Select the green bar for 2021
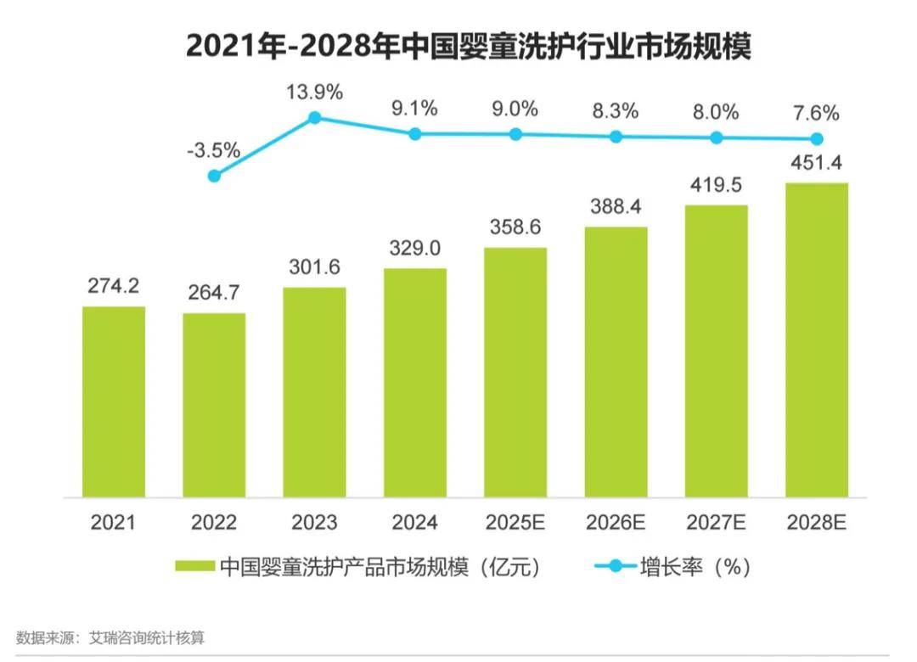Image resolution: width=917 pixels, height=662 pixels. coord(114,401)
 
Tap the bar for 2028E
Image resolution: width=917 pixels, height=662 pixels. coord(817,339)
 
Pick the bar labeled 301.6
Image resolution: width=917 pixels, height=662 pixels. coord(315,392)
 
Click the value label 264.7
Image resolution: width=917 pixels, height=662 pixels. coord(214,292)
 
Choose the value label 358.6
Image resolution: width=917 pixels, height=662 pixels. coord(515,227)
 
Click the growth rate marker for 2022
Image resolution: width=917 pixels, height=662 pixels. coord(214,176)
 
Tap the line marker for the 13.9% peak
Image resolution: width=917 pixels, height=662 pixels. coord(315,117)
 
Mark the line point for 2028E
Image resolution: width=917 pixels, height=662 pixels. coord(817,138)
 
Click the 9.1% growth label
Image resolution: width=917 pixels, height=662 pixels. coord(415,109)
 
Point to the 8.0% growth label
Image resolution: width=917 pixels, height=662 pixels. coord(717,111)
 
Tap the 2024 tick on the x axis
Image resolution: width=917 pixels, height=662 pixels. coord(415,522)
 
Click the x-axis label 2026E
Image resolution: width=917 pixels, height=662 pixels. coord(616,522)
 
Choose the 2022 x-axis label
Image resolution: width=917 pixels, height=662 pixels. coord(214,522)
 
